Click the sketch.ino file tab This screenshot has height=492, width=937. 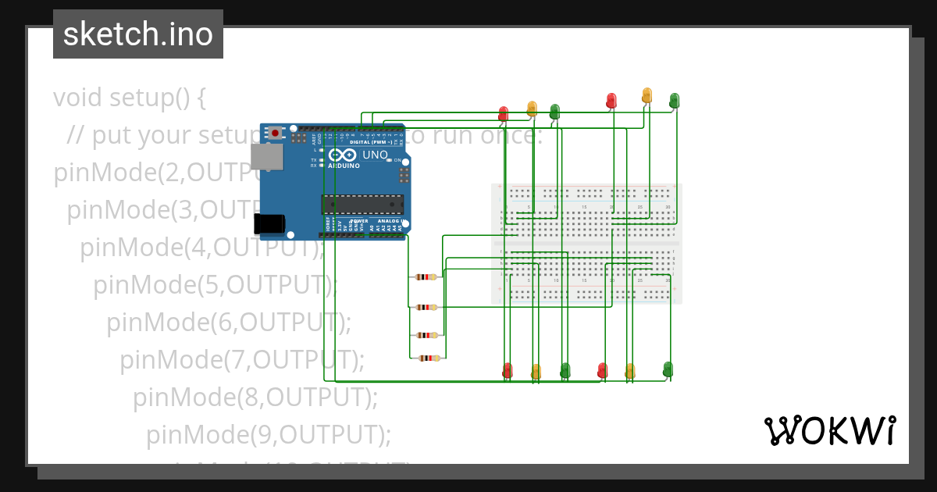pyautogui.click(x=138, y=34)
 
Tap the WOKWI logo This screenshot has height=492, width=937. pyautogui.click(x=829, y=430)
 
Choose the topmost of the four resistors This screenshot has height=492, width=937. pyautogui.click(x=426, y=276)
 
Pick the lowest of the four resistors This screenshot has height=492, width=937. pyautogui.click(x=428, y=358)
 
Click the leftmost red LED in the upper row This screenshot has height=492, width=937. pyautogui.click(x=503, y=113)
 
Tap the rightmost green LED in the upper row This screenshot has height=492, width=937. pyautogui.click(x=674, y=100)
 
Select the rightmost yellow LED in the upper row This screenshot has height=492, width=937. pyautogui.click(x=647, y=95)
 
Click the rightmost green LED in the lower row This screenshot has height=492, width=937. pyautogui.click(x=668, y=368)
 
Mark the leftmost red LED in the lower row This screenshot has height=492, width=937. pyautogui.click(x=508, y=369)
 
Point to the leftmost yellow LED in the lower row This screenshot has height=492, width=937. pyautogui.click(x=536, y=371)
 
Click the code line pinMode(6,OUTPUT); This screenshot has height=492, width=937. pyautogui.click(x=229, y=321)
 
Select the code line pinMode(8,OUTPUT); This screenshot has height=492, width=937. pyautogui.click(x=255, y=397)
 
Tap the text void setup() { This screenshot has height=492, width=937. pyautogui.click(x=130, y=98)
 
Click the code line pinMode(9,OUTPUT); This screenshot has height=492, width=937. pyautogui.click(x=268, y=434)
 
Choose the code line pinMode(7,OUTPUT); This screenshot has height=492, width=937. pyautogui.click(x=242, y=359)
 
